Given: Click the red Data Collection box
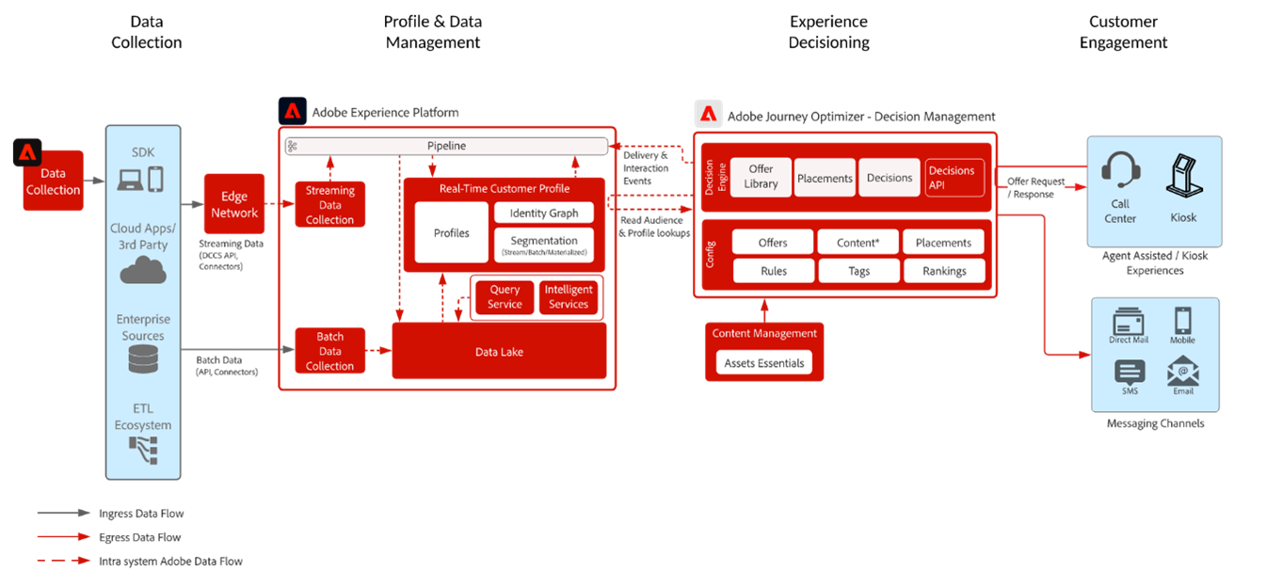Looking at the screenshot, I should [54, 181].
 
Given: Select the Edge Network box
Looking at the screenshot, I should [234, 205].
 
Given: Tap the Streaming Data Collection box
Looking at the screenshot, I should [329, 205].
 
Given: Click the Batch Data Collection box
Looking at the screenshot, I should [329, 352].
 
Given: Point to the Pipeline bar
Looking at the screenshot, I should [447, 146].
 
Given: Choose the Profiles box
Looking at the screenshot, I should [452, 233].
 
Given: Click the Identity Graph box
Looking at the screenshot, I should [544, 214].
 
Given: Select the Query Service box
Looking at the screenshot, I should [505, 297].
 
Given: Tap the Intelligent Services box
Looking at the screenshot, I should [569, 297].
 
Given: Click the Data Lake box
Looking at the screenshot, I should [499, 352].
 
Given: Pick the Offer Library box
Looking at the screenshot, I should [761, 177].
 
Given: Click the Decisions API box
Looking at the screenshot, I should [954, 178].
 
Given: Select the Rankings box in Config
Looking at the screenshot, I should [944, 271].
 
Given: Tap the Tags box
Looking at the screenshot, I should [857, 271].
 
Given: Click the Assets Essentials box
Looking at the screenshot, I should [763, 363].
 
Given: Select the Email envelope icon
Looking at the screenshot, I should [1182, 371].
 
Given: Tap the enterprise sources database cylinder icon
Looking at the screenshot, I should [143, 358].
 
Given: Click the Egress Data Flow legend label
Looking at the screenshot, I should [139, 538].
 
